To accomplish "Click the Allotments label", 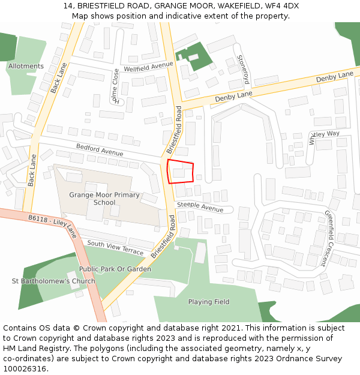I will [26, 66].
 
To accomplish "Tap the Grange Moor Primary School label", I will [104, 199].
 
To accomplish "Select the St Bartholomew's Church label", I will [53, 281].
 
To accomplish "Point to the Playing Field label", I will [209, 302].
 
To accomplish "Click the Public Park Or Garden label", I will [115, 269].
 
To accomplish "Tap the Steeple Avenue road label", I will [199, 208].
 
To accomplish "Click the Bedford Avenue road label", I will [100, 149].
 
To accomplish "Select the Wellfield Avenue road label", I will [148, 67].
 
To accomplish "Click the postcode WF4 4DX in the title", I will [283, 6].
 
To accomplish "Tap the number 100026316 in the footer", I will [25, 369].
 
